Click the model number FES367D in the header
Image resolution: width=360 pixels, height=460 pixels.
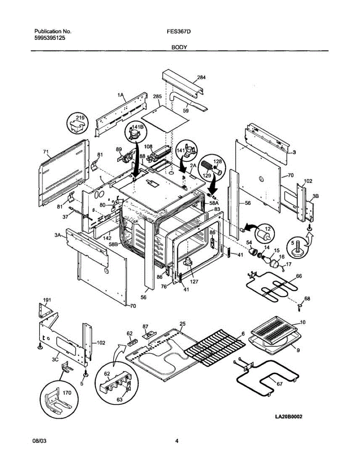[x=176, y=31]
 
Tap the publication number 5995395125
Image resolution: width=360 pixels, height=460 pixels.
[x=49, y=38]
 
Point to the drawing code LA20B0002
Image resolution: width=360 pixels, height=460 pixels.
[x=288, y=417]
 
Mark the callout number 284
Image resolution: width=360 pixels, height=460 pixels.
[x=201, y=77]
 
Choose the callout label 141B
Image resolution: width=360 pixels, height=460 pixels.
[x=138, y=127]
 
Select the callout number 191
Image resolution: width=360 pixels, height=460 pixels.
[x=47, y=299]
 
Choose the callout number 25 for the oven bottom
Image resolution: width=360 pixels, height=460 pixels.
[x=182, y=324]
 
